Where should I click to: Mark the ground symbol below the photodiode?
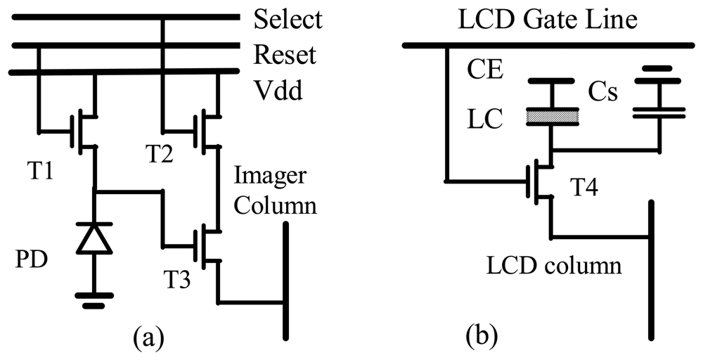tap(93, 298)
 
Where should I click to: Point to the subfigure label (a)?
tap(148, 339)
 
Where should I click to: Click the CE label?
tap(485, 70)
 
